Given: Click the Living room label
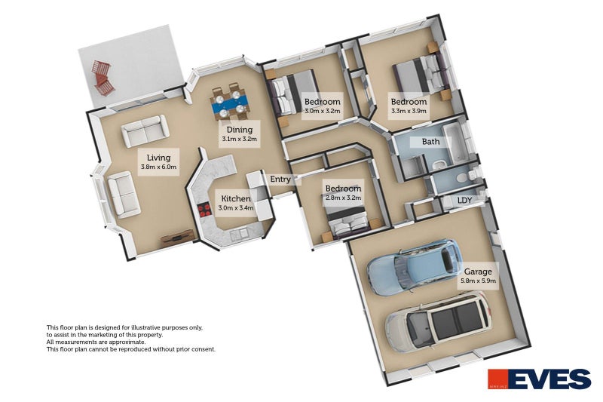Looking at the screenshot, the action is pos(158,158).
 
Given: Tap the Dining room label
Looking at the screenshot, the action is pos(240,130).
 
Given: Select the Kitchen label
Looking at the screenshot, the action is pos(236,199).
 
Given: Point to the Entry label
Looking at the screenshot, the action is pos(280,180).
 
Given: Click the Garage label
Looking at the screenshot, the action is pos(478,272).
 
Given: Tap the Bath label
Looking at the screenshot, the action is pos(430,142).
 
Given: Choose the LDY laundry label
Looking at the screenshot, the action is pos(464,201).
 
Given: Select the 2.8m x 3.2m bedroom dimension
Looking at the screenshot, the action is pos(343,198).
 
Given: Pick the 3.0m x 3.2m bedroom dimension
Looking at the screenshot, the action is pos(323,111).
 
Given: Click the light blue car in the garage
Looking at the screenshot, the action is pos(414,266).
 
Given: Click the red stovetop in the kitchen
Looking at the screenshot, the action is pos(204,210).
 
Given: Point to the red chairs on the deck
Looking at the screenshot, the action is pos(102,78).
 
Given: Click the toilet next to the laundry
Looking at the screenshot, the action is pos(463,177).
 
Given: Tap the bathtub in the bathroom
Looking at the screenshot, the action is pos(453,144).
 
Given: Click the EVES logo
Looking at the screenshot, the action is pos(539,379).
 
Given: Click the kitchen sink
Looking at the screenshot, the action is pos(238,233).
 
